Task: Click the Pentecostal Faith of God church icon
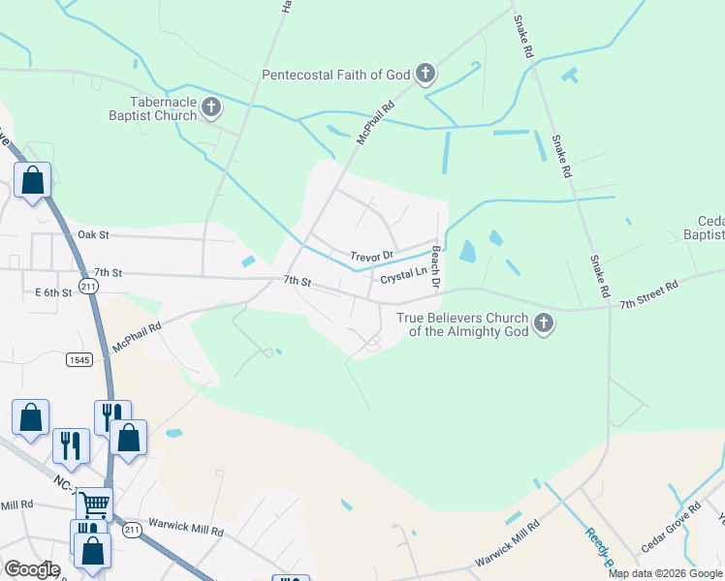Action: pyautogui.click(x=425, y=74)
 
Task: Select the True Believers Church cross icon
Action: pyautogui.click(x=544, y=323)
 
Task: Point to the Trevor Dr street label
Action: pyautogui.click(x=373, y=256)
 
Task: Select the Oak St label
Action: pyautogui.click(x=93, y=234)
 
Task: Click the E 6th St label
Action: pyautogui.click(x=54, y=292)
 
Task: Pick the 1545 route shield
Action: pyautogui.click(x=79, y=359)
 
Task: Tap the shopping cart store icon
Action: pyautogui.click(x=94, y=503)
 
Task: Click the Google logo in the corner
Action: pyautogui.click(x=31, y=569)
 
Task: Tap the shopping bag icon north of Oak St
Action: pyautogui.click(x=32, y=180)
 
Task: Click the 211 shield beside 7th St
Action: pyautogui.click(x=88, y=287)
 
